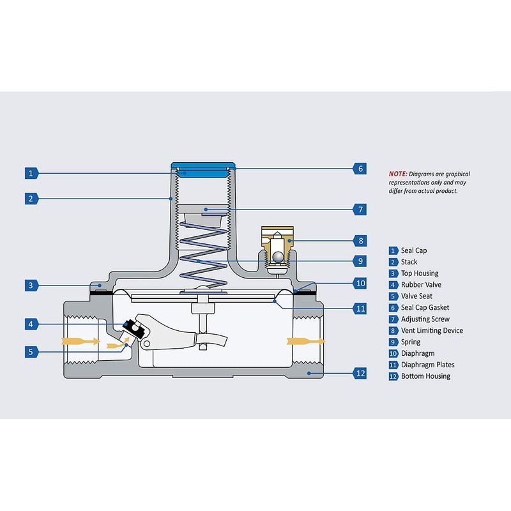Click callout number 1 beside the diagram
[30, 172]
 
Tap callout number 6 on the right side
[360, 169]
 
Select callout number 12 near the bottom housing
[360, 372]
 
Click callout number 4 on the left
[30, 324]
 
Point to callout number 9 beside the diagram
[360, 261]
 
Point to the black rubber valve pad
[132, 326]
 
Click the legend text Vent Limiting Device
[432, 330]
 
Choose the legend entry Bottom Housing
[425, 376]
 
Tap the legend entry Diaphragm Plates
[428, 365]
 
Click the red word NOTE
[397, 174]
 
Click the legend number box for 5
[393, 296]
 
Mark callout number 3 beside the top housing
[30, 284]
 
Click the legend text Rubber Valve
[421, 284]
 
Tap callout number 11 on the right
[360, 308]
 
